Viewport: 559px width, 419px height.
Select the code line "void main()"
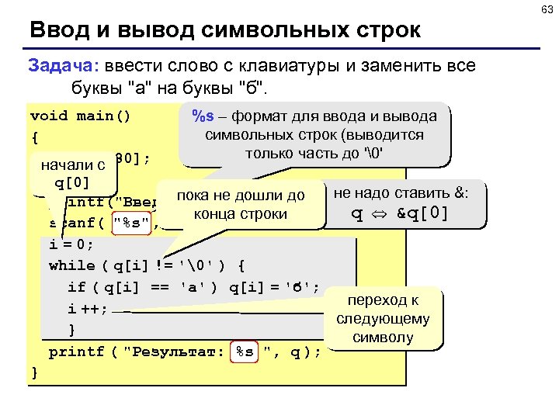[x=80, y=116]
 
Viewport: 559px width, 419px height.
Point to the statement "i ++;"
[x=87, y=308]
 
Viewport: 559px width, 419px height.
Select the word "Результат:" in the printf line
[x=179, y=351]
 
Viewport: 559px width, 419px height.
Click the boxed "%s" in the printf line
[x=245, y=351]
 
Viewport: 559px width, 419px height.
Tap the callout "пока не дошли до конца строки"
[x=240, y=204]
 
